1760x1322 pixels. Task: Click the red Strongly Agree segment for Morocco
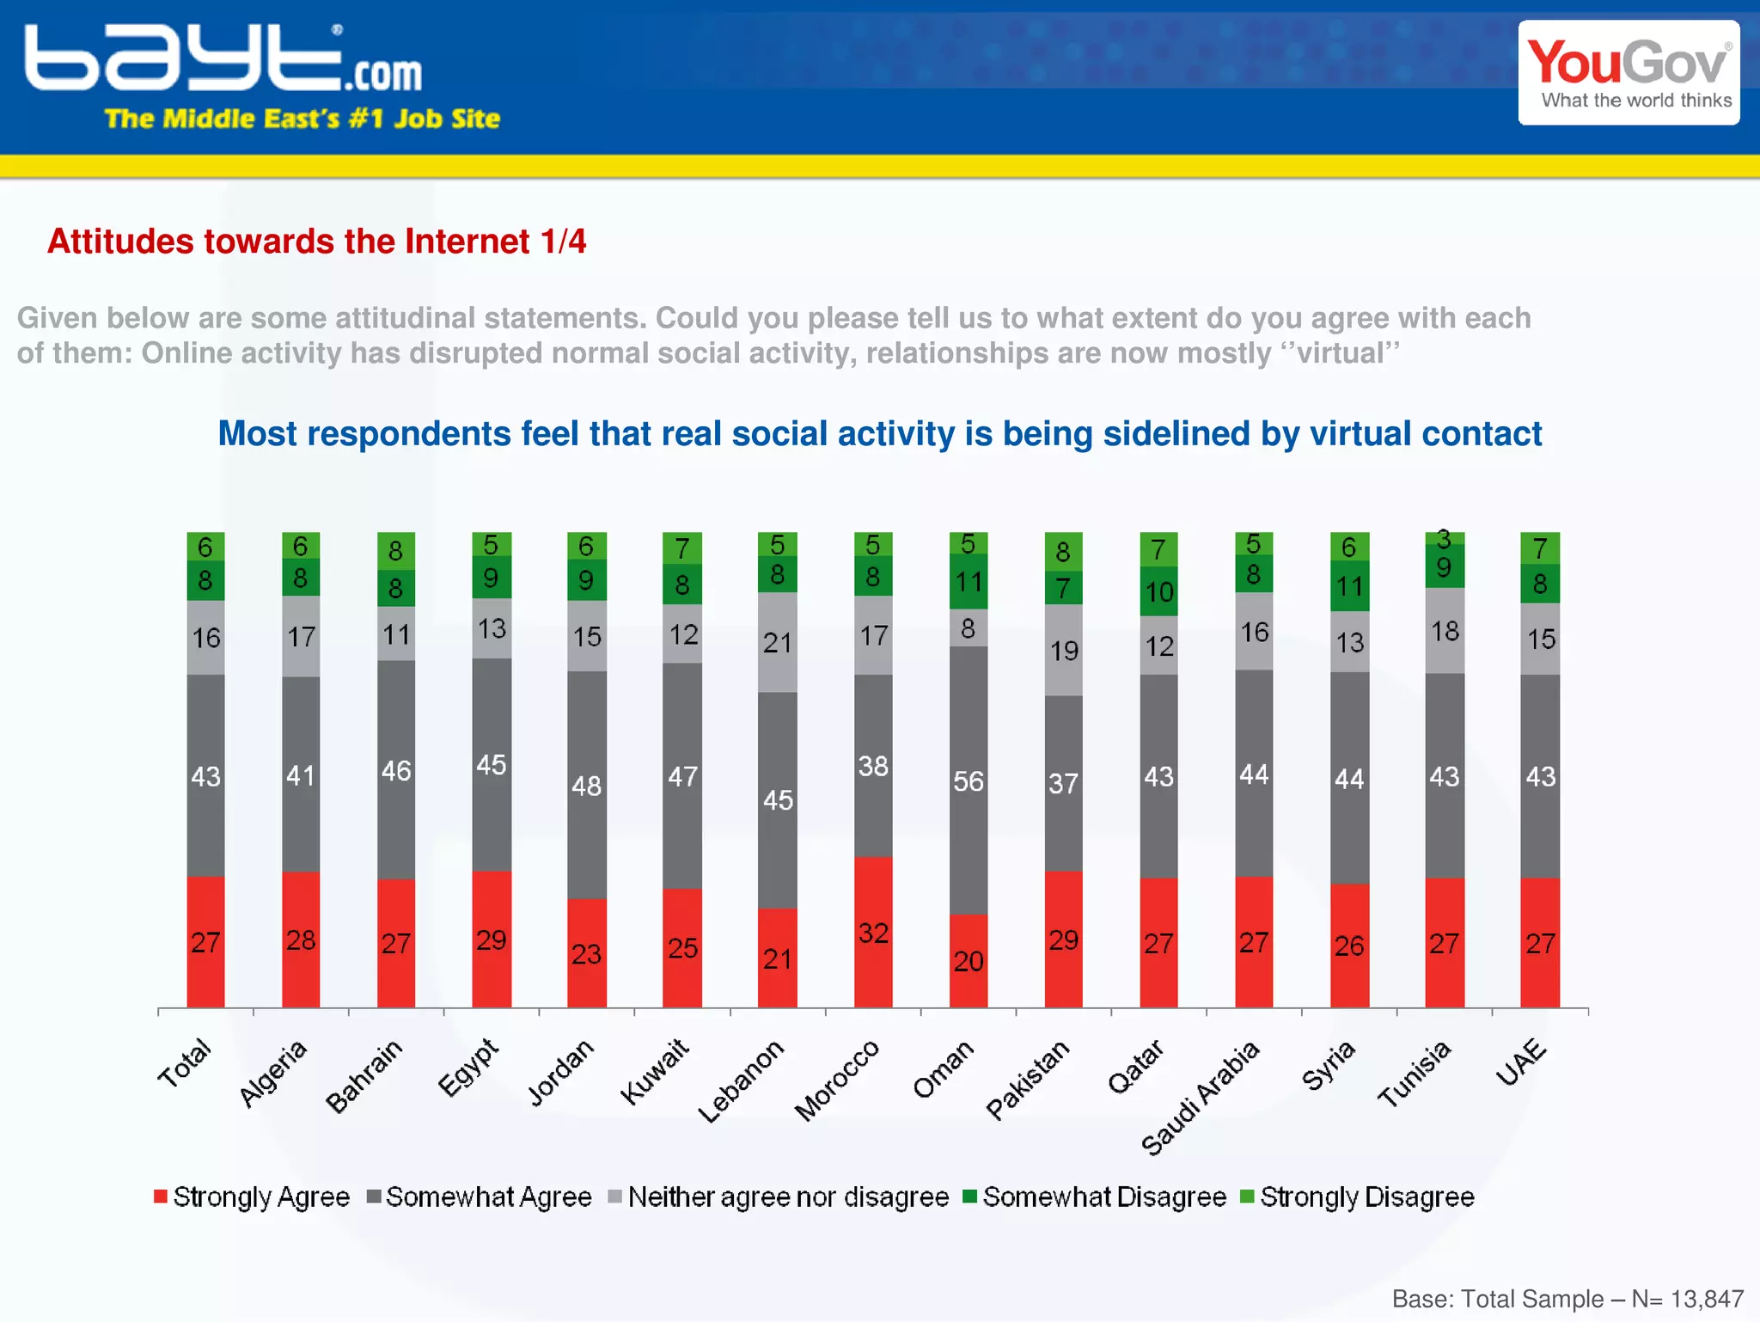click(x=873, y=932)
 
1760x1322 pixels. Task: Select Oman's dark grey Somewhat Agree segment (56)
click(x=969, y=780)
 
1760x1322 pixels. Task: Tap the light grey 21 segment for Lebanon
click(x=778, y=642)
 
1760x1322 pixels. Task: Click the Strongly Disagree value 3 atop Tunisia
click(x=1445, y=538)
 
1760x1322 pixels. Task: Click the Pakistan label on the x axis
click(x=1028, y=1080)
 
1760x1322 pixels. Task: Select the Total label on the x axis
click(x=184, y=1063)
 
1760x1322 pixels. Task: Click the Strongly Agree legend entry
click(x=252, y=1197)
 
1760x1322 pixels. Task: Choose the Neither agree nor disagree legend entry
click(x=778, y=1197)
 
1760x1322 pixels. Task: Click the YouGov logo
click(x=1629, y=73)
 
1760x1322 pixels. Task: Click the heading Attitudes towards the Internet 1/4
click(x=316, y=242)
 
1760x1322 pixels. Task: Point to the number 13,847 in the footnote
click(x=1707, y=1298)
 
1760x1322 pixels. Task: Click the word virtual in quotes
click(x=1347, y=353)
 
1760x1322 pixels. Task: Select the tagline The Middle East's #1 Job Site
click(x=302, y=119)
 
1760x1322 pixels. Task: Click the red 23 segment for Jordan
click(x=587, y=953)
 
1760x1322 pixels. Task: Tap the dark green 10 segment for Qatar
click(x=1158, y=591)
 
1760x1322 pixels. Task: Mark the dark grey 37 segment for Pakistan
click(x=1063, y=783)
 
